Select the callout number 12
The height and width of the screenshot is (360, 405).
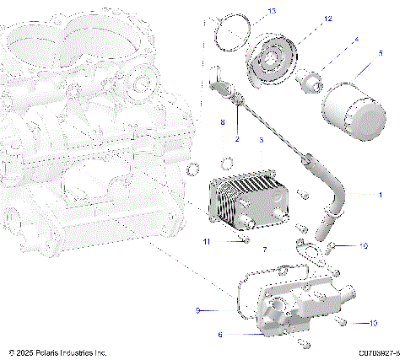[305, 18]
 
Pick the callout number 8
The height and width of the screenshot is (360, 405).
[222, 123]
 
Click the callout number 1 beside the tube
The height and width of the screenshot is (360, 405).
[381, 194]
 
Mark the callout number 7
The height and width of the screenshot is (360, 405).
[265, 250]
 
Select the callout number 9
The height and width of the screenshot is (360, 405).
[197, 310]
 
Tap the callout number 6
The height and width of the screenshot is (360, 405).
[220, 335]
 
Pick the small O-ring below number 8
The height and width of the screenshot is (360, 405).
[227, 162]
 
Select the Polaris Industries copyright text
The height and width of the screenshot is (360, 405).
[57, 352]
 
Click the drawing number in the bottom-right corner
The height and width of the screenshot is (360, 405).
[378, 352]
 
